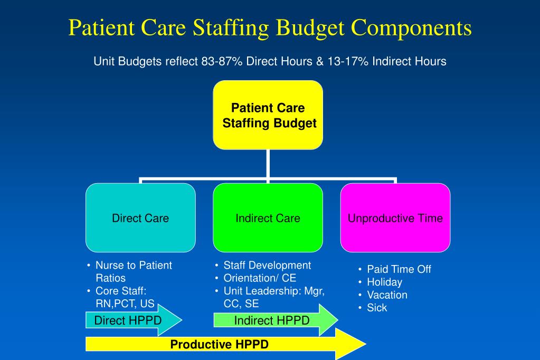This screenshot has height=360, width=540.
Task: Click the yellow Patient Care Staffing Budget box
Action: (x=268, y=115)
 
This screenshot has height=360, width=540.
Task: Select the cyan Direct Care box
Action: (x=140, y=217)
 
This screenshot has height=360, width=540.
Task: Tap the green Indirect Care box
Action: (x=268, y=217)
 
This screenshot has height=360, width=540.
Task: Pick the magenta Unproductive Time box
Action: (x=395, y=217)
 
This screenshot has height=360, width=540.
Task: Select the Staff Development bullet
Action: (x=267, y=265)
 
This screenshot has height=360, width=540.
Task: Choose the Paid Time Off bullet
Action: (x=399, y=269)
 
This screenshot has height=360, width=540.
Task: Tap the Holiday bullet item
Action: (x=384, y=282)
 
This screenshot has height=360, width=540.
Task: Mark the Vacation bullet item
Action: (x=387, y=295)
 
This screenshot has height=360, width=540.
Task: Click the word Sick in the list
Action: (x=377, y=307)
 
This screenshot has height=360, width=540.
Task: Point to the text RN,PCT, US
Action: (x=125, y=304)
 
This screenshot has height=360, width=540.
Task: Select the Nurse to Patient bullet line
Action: (x=134, y=265)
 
